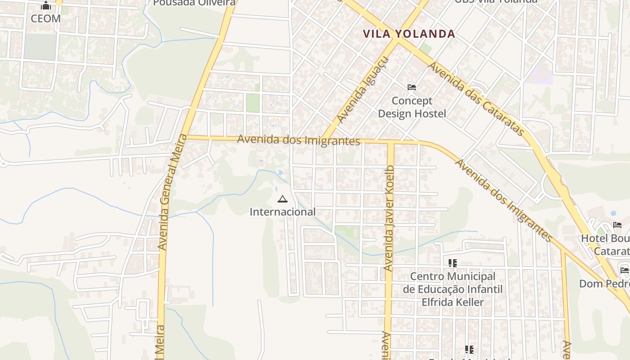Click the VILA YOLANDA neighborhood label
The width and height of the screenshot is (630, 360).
409,34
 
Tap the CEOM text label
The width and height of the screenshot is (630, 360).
45,18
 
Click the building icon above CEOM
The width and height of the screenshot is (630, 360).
46,6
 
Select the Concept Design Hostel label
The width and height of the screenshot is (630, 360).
412,107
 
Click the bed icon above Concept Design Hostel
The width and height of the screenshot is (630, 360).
412,87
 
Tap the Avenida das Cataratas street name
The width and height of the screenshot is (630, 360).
476,99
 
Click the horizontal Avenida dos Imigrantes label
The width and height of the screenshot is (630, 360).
299,140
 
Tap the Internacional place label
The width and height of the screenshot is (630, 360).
283,211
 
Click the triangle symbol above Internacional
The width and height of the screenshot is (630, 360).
283,199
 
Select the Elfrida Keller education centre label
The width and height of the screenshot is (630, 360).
453,289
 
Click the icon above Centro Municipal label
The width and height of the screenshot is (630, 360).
453,263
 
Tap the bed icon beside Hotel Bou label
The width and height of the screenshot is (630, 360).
617,225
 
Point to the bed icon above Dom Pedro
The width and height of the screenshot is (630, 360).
625,270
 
